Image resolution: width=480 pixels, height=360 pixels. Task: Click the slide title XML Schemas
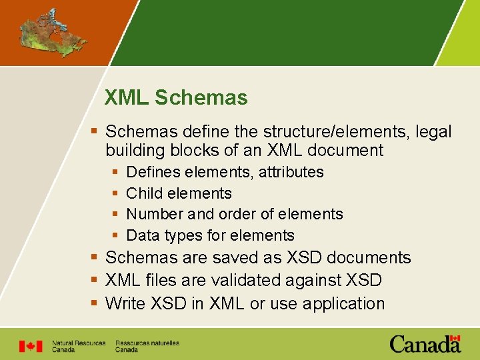tap(176, 98)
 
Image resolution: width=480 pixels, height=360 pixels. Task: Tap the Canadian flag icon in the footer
tap(30, 346)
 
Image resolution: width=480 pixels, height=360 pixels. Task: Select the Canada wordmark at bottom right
tap(425, 344)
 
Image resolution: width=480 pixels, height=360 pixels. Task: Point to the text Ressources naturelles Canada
tap(147, 346)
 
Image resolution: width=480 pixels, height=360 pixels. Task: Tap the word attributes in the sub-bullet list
tap(291, 172)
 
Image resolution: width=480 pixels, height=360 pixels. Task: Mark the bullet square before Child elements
tap(115, 193)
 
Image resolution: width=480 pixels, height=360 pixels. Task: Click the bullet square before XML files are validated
tap(95, 281)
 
